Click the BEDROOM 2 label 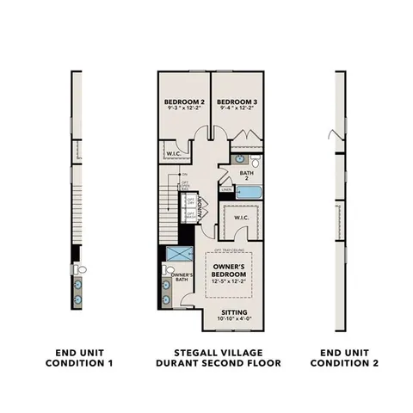coord(182,102)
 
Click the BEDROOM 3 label coord(235,102)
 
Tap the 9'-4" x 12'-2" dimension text coord(235,110)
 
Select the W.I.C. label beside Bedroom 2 coord(170,155)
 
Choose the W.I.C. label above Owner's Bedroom coord(240,218)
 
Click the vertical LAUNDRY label coord(200,210)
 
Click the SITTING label coord(233,313)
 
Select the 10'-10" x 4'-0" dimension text coord(233,321)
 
